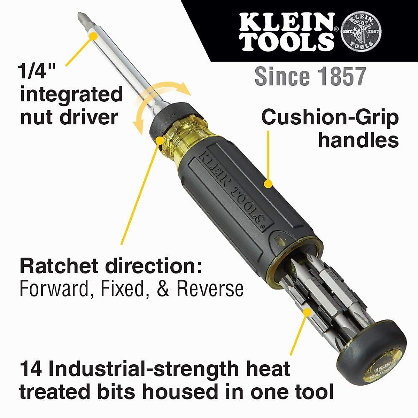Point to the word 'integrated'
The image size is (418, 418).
tap(71, 94)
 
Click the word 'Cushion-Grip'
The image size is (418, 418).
tap(330, 117)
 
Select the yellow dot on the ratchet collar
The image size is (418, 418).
tap(160, 140)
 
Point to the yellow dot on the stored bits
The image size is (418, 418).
tap(307, 311)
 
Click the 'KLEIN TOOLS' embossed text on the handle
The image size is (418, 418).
tap(232, 188)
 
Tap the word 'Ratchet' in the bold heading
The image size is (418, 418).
tap(59, 266)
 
